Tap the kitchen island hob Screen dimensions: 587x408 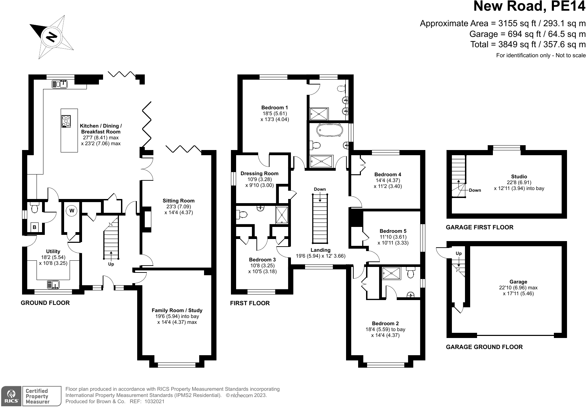pyautogui.click(x=66, y=121)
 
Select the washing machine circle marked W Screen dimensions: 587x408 pyautogui.click(x=72, y=210)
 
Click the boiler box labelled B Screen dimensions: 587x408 pyautogui.click(x=34, y=227)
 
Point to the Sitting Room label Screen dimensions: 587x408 pyautogui.click(x=179, y=201)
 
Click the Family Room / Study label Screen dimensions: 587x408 pyautogui.click(x=177, y=310)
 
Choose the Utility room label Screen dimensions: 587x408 pyautogui.click(x=53, y=251)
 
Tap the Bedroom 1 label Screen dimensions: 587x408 pyautogui.click(x=274, y=108)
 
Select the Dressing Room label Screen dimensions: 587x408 pyautogui.click(x=259, y=173)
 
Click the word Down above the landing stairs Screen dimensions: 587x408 pyautogui.click(x=320, y=189)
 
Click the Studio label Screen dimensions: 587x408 pyautogui.click(x=519, y=177)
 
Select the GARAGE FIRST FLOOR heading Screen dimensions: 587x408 pyautogui.click(x=479, y=227)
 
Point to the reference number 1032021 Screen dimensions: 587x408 pyautogui.click(x=154, y=401)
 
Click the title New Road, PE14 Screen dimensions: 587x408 pyautogui.click(x=529, y=7)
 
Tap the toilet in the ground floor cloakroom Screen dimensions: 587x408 pyautogui.click(x=34, y=208)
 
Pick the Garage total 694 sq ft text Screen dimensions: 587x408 pyautogui.click(x=527, y=34)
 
